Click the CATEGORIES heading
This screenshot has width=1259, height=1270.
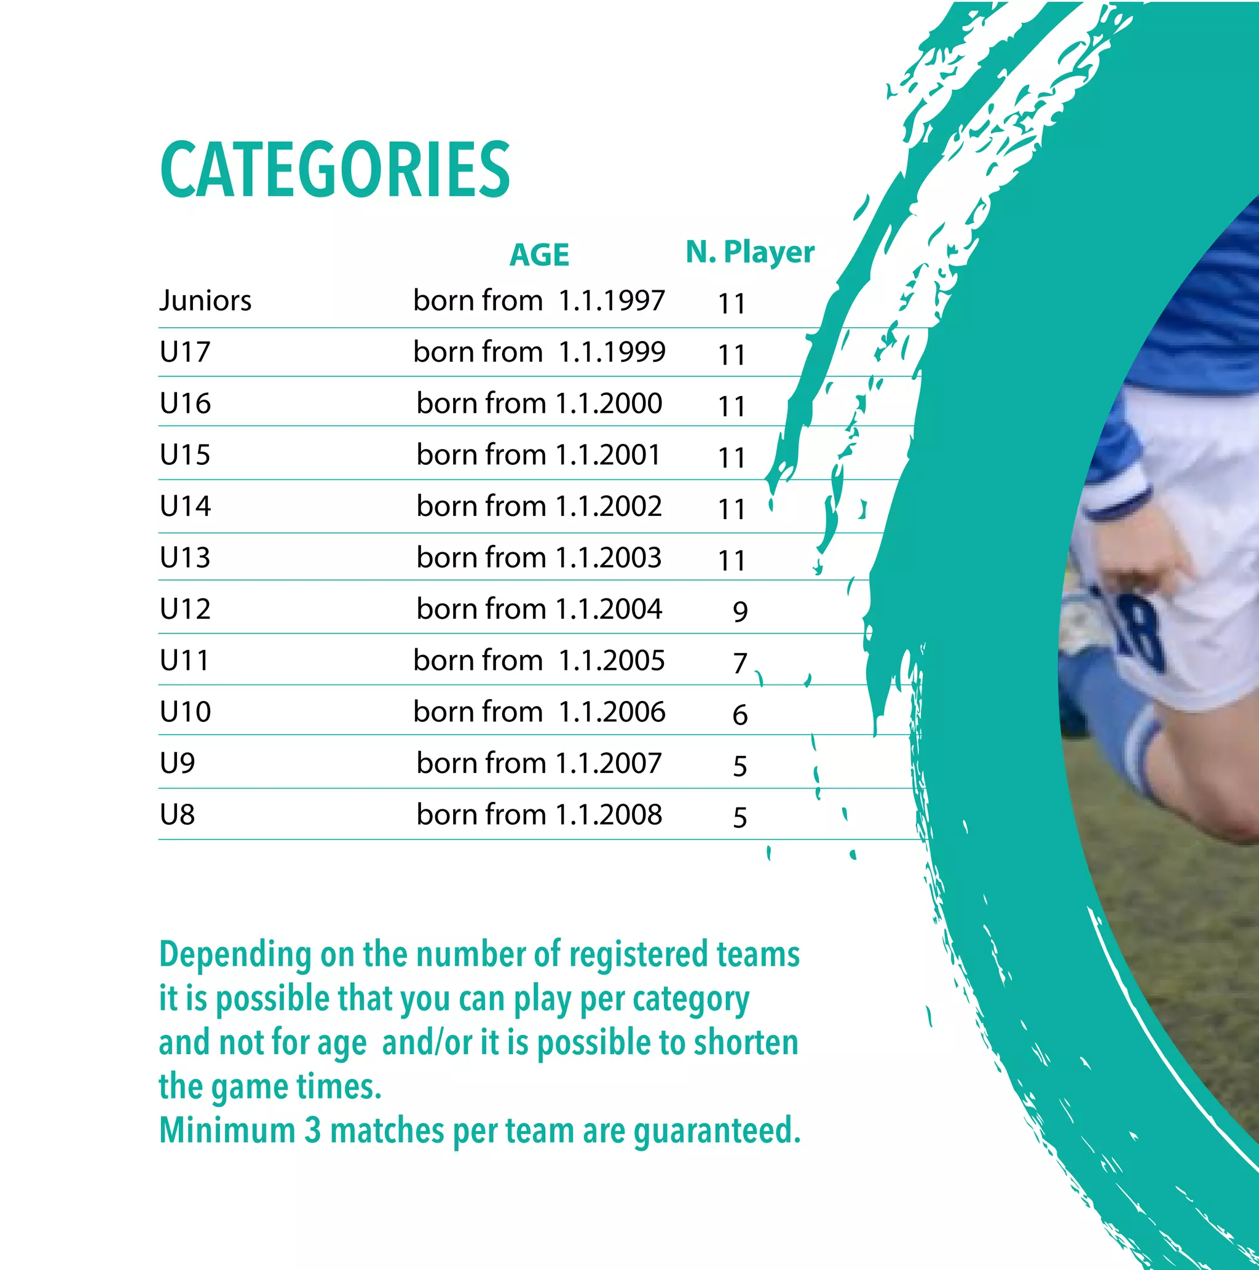tap(335, 169)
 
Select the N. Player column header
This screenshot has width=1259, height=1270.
tap(750, 252)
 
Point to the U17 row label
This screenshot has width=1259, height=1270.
tap(184, 352)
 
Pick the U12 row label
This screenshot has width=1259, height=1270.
tap(184, 609)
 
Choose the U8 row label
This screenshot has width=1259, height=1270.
tap(177, 815)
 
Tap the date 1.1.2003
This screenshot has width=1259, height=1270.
tap(609, 558)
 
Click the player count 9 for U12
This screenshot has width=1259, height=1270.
tap(740, 612)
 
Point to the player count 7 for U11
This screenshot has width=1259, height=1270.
tap(740, 663)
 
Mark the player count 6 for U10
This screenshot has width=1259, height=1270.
tap(740, 715)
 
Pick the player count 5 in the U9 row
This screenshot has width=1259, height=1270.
tap(740, 766)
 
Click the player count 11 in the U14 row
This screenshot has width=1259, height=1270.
tap(732, 509)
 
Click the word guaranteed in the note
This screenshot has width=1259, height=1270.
tap(716, 1132)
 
